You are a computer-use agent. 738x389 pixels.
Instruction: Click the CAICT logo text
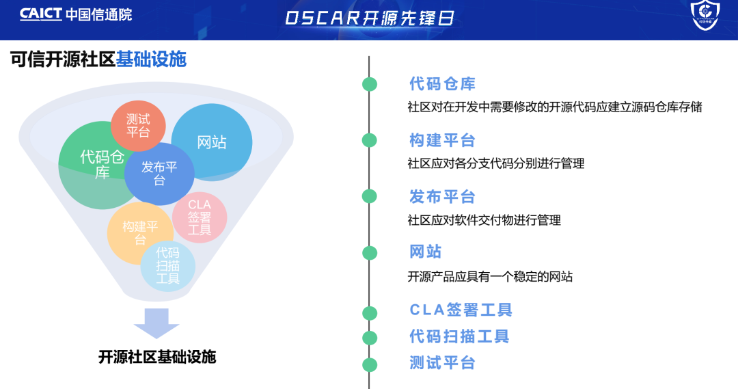tap(41, 14)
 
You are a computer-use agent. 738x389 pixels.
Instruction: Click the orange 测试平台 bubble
tap(138, 125)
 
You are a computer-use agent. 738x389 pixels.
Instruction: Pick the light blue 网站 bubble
tap(212, 142)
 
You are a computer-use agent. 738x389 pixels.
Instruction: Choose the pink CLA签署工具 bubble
tap(200, 217)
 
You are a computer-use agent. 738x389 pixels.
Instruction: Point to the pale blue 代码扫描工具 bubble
tap(168, 265)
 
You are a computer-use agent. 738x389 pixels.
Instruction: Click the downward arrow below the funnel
tap(156, 323)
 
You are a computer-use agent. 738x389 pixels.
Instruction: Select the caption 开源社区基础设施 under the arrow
tap(157, 357)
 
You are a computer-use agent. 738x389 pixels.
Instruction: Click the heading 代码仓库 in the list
tap(442, 84)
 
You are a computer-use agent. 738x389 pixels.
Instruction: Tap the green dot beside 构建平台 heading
tap(370, 140)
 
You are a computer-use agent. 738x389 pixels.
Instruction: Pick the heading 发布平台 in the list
tap(442, 197)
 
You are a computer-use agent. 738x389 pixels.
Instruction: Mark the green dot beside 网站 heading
tap(370, 253)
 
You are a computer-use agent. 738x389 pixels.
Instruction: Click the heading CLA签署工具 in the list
tap(461, 310)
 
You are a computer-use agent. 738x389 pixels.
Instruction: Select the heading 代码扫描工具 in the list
tap(459, 336)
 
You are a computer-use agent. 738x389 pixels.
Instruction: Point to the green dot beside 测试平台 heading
tap(370, 364)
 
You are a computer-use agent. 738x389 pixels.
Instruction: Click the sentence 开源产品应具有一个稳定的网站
tap(490, 277)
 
